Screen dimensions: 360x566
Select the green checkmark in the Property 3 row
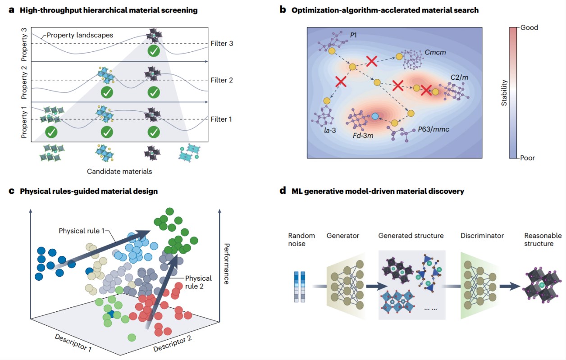point(154,51)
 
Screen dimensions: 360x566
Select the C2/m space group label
point(459,77)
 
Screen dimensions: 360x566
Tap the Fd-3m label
point(365,134)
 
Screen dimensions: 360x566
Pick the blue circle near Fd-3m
point(374,116)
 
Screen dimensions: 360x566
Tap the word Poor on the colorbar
point(528,158)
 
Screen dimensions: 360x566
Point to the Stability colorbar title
point(505,93)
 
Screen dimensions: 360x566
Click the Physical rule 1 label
point(82,231)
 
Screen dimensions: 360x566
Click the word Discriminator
point(482,236)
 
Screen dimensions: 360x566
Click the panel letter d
point(283,191)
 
